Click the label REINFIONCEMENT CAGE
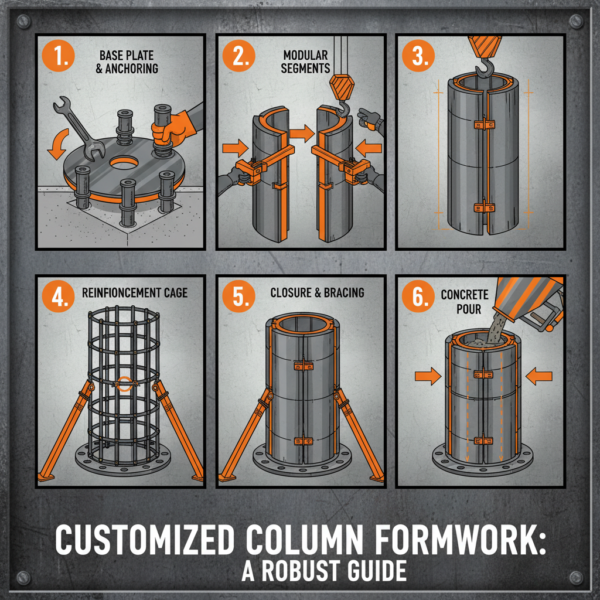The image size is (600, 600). [135, 292]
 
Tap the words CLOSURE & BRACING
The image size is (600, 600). [317, 292]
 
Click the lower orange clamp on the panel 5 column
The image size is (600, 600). [302, 439]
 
